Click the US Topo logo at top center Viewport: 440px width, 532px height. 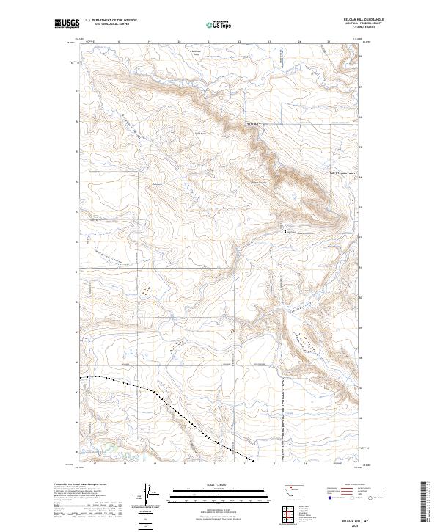(219, 25)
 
